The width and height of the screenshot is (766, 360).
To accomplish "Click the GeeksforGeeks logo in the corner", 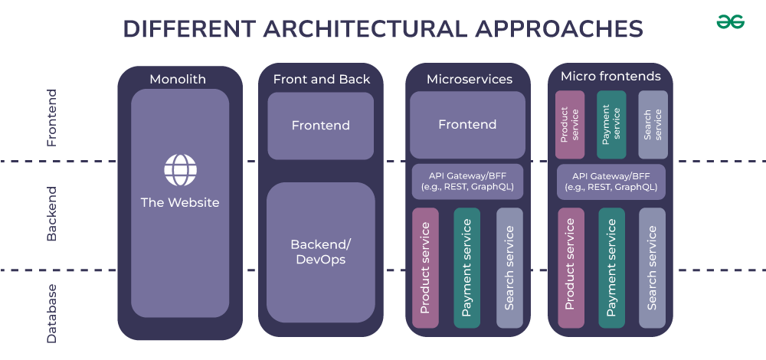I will pos(730,23).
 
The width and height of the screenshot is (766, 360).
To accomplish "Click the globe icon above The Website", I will pos(180,170).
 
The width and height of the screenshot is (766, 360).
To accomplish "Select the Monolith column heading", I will pos(178,79).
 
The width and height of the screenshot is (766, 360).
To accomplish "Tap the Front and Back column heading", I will pos(321,79).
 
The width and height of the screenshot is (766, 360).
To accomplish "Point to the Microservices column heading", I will pos(469,79).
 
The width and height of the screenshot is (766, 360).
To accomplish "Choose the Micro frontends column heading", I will pos(611,77).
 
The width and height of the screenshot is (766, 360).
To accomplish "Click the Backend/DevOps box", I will pos(320,252).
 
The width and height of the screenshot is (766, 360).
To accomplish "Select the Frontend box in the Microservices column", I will pos(467,125).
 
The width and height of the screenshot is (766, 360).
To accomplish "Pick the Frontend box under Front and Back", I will pos(320,126).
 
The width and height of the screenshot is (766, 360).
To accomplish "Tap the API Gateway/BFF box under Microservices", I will pos(467,182).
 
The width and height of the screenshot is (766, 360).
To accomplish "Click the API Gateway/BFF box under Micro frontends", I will pos(611,182).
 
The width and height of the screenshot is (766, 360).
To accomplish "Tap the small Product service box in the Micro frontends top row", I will pos(570,125).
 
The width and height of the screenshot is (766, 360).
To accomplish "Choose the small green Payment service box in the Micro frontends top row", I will pos(611,125).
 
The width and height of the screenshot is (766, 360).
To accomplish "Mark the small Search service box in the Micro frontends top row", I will pos(653,125).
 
